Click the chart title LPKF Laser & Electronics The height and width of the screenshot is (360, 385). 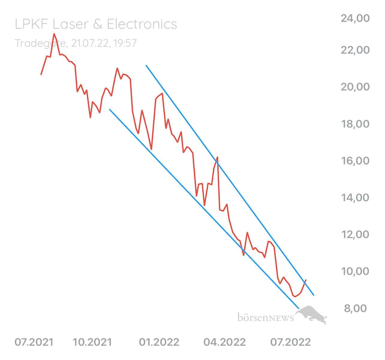point(96,24)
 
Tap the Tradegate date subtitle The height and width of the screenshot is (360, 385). point(76,43)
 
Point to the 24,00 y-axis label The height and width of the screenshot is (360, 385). point(355,19)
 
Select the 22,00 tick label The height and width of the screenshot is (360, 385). point(355,50)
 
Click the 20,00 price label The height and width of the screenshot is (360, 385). point(355,87)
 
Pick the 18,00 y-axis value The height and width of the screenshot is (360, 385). point(355,124)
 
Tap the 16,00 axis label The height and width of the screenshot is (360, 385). point(355,161)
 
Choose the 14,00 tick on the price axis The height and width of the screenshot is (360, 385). point(355,198)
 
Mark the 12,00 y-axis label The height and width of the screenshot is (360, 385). point(355,234)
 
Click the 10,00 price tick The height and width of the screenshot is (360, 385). point(355,272)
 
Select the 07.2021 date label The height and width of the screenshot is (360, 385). point(34,342)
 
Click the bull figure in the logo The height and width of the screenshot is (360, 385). point(312,314)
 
